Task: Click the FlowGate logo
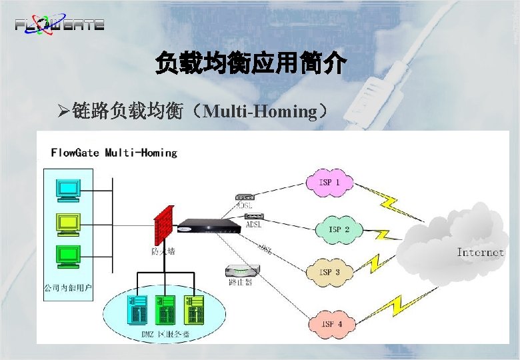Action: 59,24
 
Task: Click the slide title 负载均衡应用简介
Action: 250,64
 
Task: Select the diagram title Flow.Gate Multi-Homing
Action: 114,153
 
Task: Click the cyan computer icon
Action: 68,190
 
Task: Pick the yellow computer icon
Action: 68,223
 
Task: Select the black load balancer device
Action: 211,226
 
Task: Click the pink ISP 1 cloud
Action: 329,182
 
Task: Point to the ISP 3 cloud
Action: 329,272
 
